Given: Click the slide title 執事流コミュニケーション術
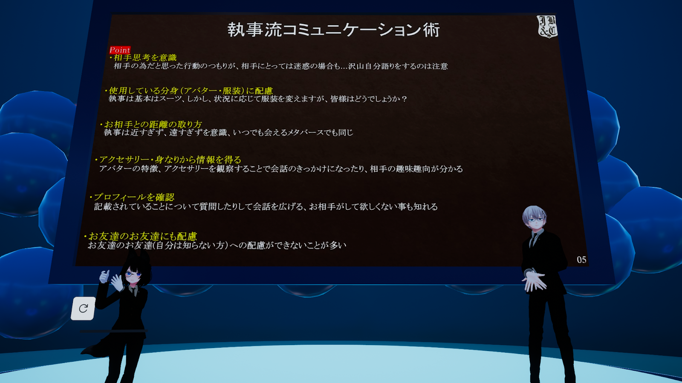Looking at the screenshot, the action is click(x=334, y=30).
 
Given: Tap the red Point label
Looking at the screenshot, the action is click(x=120, y=50).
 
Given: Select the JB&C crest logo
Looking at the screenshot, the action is click(x=547, y=26).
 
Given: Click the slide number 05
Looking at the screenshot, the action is click(x=581, y=260).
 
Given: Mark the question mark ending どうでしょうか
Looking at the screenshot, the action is click(x=404, y=99).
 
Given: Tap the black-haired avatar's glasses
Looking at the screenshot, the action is click(x=133, y=274).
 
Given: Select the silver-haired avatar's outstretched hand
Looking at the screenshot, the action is click(x=535, y=280).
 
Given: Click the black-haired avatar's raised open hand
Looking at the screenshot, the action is click(x=117, y=283).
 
